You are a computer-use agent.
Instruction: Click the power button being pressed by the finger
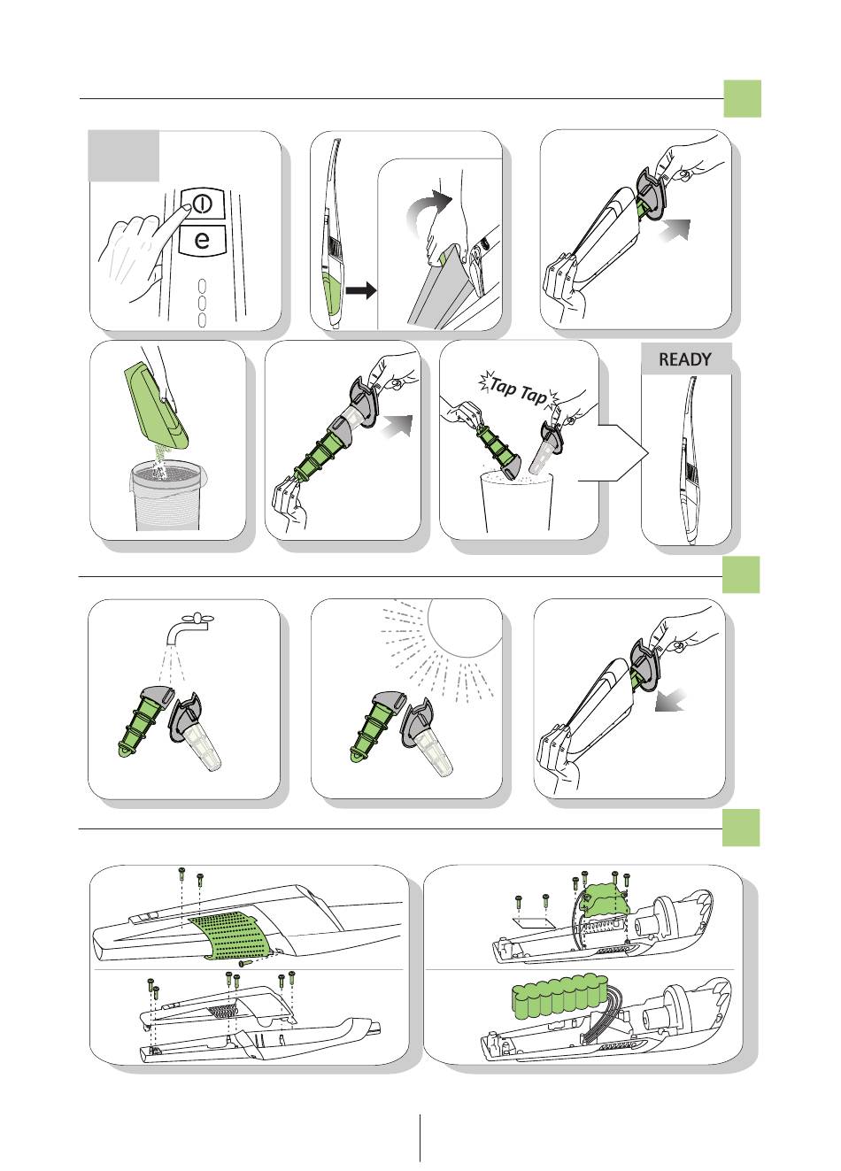[x=203, y=204]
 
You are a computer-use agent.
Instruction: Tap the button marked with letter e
[x=202, y=240]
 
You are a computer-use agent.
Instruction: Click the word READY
[x=684, y=359]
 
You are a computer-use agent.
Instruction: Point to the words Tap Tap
[x=518, y=392]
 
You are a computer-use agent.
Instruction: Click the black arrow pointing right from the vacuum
[x=361, y=289]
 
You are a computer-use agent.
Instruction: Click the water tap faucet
[x=189, y=628]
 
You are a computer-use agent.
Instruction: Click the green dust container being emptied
[x=156, y=406]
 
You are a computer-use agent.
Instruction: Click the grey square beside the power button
[x=123, y=155]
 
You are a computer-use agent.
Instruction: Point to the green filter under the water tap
[x=141, y=722]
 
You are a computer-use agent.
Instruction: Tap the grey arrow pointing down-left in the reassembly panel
[x=670, y=700]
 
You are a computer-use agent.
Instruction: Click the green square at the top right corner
[x=742, y=99]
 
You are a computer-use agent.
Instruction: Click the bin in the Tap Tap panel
[x=517, y=501]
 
